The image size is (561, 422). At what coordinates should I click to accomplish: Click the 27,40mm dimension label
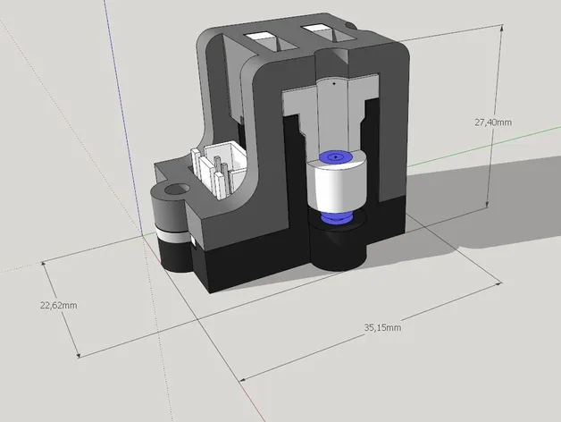[x=492, y=122]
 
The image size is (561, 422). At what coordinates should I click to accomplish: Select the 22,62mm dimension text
[x=58, y=305]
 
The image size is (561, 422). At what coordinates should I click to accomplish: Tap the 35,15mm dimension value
[x=382, y=328]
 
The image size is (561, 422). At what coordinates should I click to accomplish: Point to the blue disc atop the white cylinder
[x=335, y=157]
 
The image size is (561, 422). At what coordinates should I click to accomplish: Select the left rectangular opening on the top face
[x=265, y=38]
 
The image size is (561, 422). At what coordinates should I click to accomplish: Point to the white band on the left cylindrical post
[x=172, y=234]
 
